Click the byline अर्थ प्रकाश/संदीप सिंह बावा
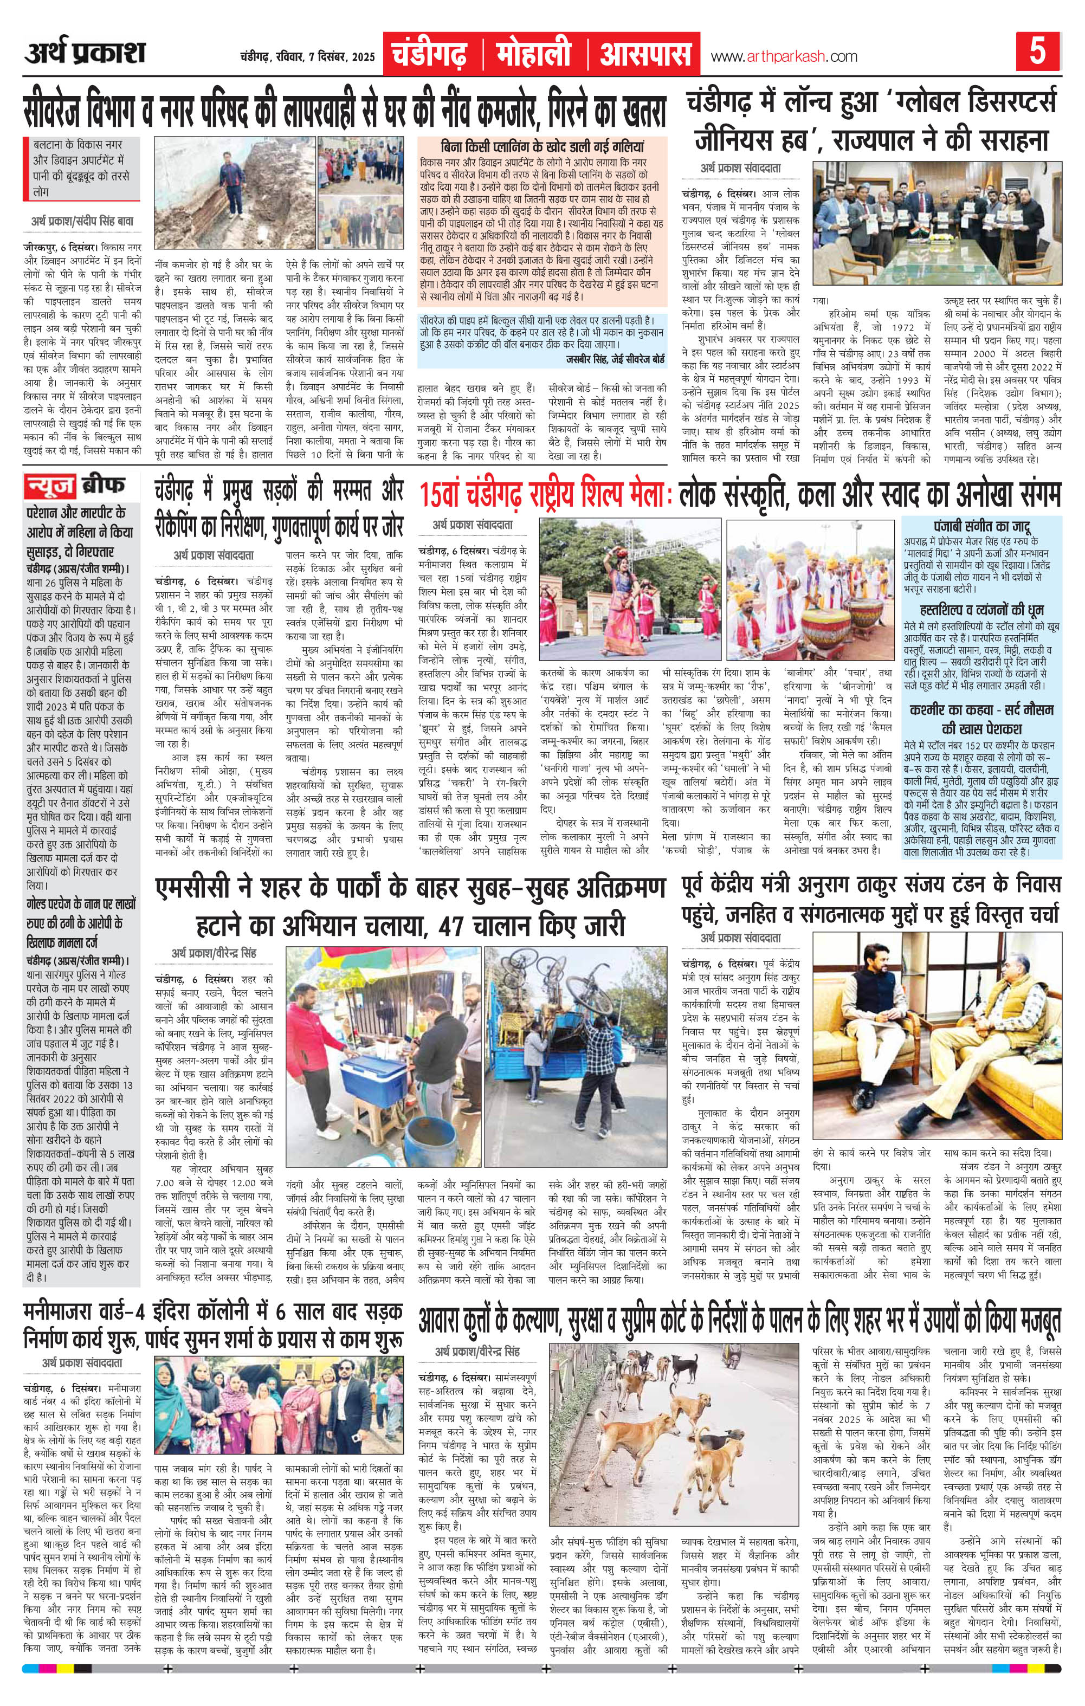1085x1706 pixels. point(85,222)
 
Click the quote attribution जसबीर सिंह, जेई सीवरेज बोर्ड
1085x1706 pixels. point(615,358)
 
